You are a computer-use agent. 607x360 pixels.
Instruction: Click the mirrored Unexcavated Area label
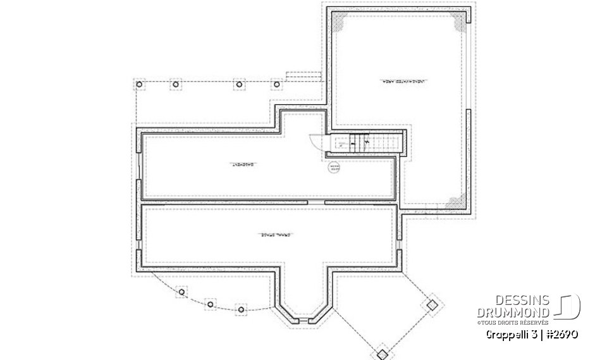(x=398, y=82)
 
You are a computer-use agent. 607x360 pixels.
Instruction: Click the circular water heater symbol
(x=334, y=168)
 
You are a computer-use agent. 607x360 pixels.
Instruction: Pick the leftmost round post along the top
(x=140, y=84)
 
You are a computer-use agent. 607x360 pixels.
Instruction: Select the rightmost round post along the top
(x=276, y=84)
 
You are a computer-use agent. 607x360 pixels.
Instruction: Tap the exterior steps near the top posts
(x=304, y=76)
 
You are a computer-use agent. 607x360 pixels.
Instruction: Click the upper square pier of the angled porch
(x=432, y=304)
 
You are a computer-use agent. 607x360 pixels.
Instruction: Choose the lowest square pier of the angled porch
(x=381, y=353)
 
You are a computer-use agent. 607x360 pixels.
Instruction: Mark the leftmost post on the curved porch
(x=182, y=292)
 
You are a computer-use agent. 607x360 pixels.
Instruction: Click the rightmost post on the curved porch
(x=240, y=309)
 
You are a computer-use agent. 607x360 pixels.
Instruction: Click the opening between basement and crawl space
(x=316, y=202)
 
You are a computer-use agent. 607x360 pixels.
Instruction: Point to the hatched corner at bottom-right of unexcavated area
(x=455, y=202)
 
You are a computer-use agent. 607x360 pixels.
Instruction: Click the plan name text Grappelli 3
(x=511, y=334)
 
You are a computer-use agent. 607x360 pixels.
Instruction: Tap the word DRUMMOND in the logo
(x=513, y=313)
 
